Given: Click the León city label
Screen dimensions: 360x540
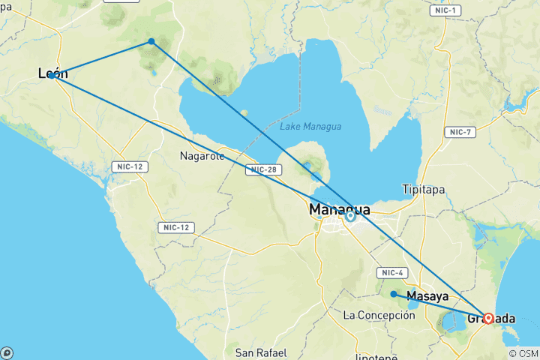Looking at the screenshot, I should (x=52, y=73).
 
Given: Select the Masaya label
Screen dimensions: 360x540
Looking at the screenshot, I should (x=427, y=296).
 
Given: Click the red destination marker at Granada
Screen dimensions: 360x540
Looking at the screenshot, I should (x=488, y=318).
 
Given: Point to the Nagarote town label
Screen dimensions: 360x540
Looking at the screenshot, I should (x=202, y=157).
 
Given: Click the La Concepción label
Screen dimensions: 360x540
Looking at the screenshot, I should (x=379, y=315).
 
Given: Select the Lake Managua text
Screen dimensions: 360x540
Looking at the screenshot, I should (x=310, y=127).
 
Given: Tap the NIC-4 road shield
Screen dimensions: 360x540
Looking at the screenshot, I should (x=393, y=272).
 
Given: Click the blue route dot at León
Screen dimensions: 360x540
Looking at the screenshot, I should (x=52, y=75).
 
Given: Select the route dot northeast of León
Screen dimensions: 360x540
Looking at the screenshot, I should (x=151, y=41).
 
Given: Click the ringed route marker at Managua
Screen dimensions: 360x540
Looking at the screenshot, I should (x=350, y=216).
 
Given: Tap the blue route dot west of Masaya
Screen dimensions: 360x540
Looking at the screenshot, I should (x=394, y=294).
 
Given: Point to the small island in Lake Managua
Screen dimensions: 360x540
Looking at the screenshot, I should (x=244, y=113).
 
